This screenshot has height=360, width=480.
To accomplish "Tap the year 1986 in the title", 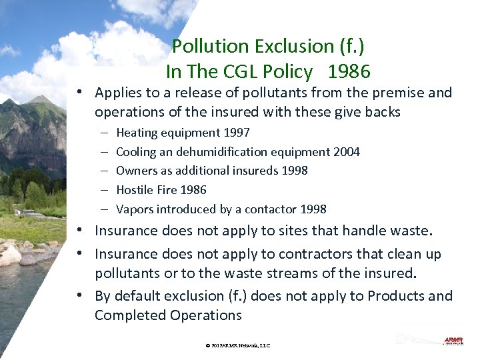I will [349, 71].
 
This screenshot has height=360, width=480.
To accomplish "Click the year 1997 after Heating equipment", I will [237, 133].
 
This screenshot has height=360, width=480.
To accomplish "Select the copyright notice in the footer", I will [238, 345].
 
